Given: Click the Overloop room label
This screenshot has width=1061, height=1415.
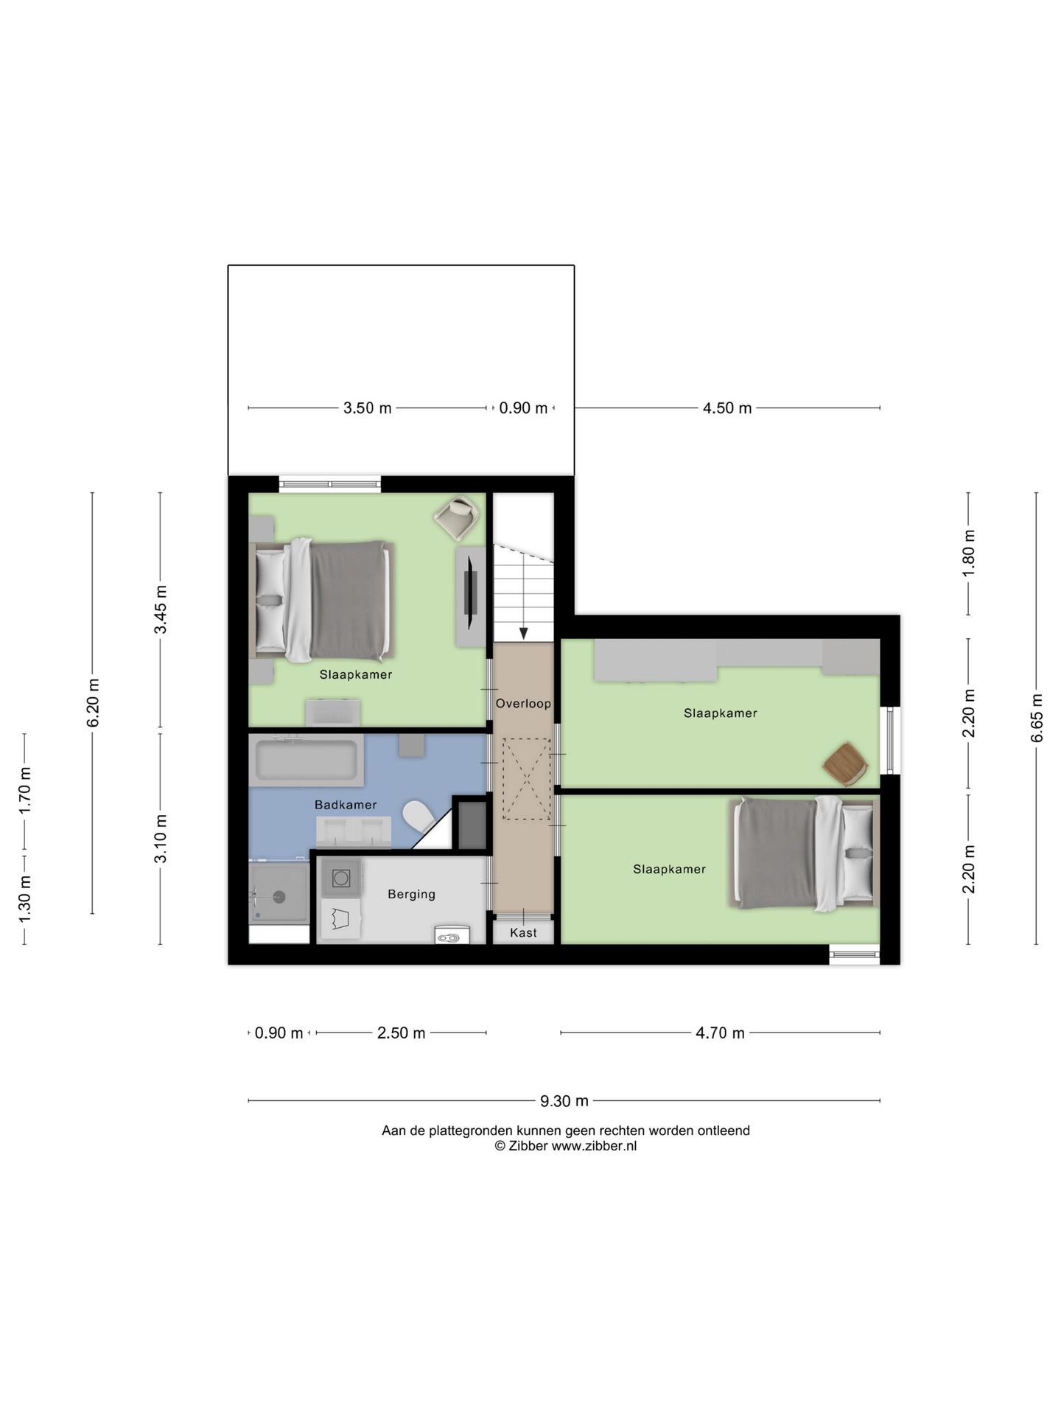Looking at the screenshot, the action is [x=523, y=703].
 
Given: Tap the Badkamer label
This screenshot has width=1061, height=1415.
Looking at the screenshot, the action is [x=346, y=805].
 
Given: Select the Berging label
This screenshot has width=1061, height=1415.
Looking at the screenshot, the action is [x=411, y=894].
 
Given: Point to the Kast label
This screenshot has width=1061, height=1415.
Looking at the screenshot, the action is [x=523, y=932].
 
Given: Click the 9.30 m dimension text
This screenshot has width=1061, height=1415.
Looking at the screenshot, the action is [x=564, y=1101].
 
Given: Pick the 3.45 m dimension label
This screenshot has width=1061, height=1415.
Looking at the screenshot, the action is [x=160, y=609].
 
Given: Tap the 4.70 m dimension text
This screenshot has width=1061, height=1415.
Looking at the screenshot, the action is [x=720, y=1033].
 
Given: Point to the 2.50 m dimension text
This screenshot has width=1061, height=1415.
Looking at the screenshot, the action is [x=402, y=1033].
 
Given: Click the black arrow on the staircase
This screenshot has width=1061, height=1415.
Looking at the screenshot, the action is [x=523, y=632].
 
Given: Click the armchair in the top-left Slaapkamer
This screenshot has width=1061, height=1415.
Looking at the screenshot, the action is [x=458, y=517].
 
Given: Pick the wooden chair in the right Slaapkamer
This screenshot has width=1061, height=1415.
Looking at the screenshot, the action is [x=844, y=764].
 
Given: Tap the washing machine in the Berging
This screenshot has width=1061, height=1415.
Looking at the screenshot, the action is [x=341, y=878].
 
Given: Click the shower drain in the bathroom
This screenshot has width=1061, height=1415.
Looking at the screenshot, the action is [x=279, y=896].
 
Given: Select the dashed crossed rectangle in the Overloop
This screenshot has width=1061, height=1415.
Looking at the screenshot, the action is [x=526, y=779].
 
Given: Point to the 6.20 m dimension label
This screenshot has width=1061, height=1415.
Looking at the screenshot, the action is [x=92, y=703].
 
